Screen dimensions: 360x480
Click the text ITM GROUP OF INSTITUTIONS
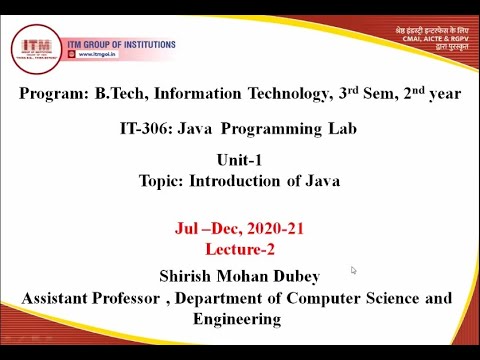point(122,45)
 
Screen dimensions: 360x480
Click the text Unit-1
point(241,161)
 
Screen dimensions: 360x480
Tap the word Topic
point(161,181)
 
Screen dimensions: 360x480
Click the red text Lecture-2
point(239,249)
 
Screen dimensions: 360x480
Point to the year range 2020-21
point(272,229)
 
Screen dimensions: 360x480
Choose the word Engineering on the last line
point(237,319)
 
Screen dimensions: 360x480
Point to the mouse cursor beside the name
point(353,270)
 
